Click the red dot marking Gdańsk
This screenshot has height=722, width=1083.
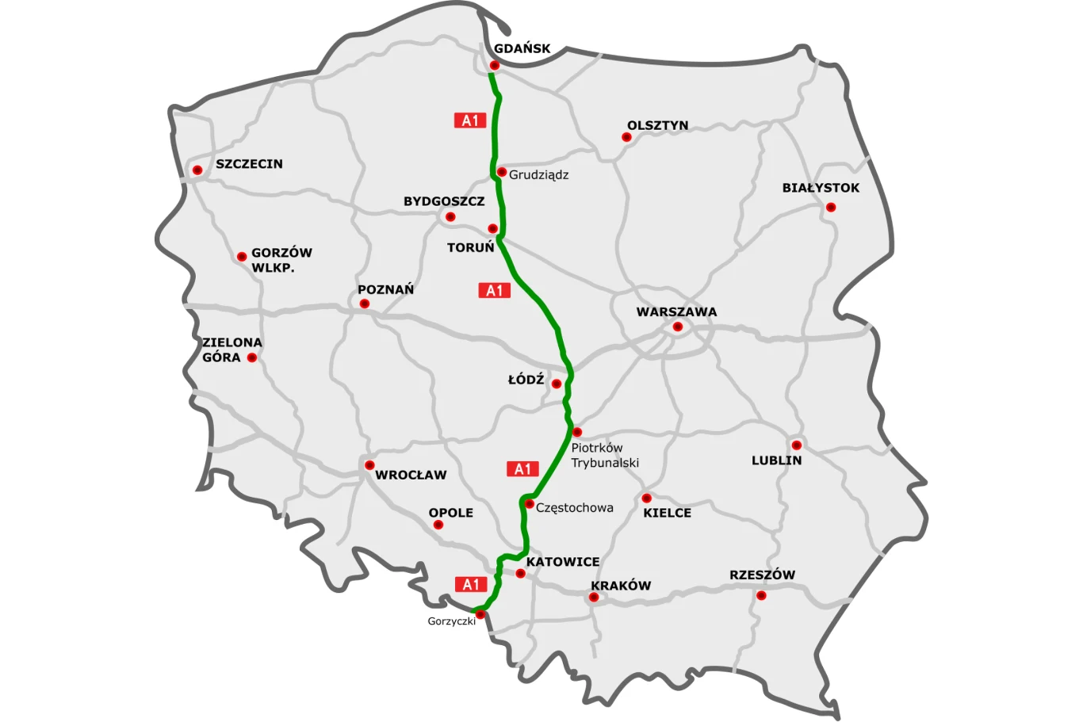point(494,65)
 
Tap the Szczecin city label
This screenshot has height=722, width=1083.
point(249,164)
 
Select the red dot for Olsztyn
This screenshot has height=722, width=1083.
point(626,137)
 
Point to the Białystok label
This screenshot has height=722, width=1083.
point(821,188)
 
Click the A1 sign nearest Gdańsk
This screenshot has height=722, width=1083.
point(470,120)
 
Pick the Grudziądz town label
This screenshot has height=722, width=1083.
point(538,174)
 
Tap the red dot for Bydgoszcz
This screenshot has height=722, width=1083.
point(450,216)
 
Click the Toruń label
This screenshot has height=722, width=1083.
point(470,247)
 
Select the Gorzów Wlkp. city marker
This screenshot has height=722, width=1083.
point(242,257)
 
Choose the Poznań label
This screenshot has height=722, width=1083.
point(385,289)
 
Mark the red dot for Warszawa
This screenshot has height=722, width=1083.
point(678,327)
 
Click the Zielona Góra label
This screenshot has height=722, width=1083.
point(232,350)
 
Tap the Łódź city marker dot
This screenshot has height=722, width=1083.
point(557,384)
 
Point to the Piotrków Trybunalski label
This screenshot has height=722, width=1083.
point(604,455)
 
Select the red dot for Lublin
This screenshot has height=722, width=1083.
point(796,445)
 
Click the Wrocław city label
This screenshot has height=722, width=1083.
point(411,475)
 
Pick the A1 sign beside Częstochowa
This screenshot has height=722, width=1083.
point(522,469)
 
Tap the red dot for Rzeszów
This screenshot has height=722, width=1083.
point(761,595)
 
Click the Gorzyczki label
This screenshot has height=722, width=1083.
point(451,621)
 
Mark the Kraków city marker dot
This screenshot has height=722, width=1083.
point(594,597)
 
